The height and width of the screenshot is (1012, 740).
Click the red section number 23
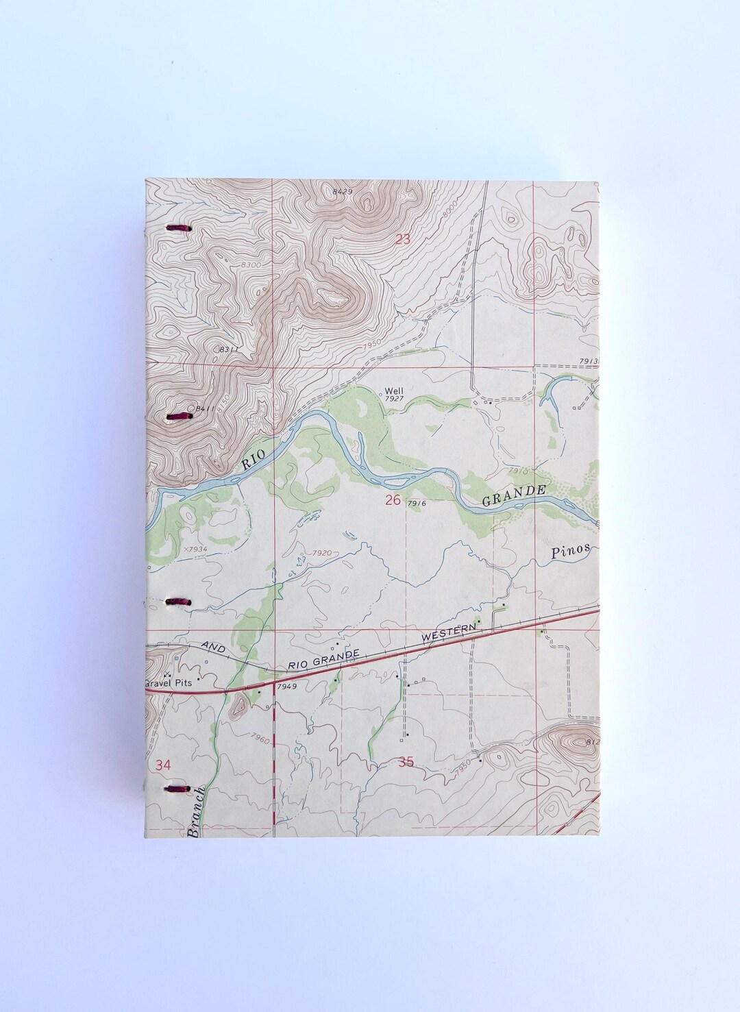tap(404, 239)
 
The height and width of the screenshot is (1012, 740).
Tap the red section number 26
tap(393, 501)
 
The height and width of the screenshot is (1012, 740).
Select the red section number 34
tap(163, 765)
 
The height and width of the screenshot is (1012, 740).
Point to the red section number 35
tap(406, 762)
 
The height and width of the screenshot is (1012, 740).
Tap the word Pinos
tap(569, 552)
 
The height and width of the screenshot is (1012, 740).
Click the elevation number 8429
tap(342, 192)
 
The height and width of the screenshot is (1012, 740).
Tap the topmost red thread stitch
tap(178, 228)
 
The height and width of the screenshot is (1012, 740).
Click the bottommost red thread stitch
tap(178, 789)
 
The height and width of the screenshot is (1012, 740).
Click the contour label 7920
tap(321, 553)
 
